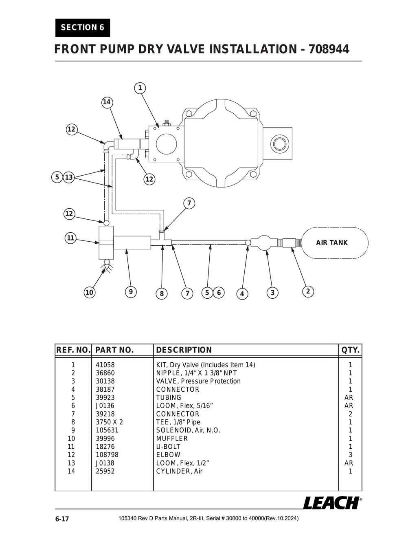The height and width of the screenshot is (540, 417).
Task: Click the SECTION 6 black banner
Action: tap(83, 28)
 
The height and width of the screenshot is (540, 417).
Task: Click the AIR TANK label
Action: tap(331, 242)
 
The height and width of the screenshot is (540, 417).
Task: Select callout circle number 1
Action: tap(140, 88)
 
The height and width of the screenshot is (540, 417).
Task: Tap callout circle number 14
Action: tap(107, 102)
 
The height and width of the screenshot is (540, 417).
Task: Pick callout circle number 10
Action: tap(89, 292)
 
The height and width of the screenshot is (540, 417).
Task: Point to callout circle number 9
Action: tap(131, 291)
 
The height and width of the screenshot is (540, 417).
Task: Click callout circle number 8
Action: tap(162, 293)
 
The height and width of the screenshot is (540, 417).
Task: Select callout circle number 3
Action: tap(272, 293)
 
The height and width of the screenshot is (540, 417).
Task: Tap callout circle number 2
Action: tap(308, 291)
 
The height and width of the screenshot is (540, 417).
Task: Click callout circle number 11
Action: tap(71, 238)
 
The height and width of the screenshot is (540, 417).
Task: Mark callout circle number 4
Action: tap(242, 294)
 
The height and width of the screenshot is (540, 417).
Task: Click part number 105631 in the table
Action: tap(107, 430)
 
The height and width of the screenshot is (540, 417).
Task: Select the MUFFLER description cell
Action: tap(172, 439)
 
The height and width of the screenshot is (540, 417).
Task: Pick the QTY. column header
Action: tap(350, 350)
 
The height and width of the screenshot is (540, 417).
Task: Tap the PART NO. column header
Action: tap(114, 350)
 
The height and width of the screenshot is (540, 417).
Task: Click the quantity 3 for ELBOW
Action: tap(350, 455)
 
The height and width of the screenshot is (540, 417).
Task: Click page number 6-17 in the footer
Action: tap(62, 519)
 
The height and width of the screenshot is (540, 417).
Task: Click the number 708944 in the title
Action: tap(329, 49)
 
